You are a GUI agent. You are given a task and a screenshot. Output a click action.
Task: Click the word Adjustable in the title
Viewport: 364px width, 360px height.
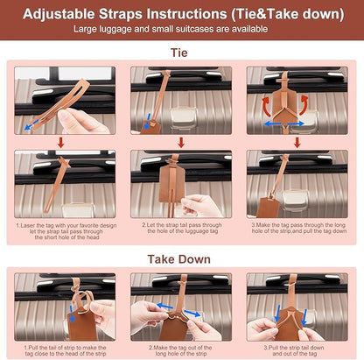tap(59, 14)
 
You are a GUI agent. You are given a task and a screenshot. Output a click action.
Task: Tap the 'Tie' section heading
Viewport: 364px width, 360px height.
tap(179, 53)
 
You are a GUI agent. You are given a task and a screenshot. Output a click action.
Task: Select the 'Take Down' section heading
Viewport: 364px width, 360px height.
tap(178, 259)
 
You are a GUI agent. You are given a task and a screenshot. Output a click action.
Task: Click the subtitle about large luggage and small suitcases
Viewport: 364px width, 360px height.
tap(171, 29)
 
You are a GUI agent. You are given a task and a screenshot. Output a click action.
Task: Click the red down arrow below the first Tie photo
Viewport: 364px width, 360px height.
tap(60, 143)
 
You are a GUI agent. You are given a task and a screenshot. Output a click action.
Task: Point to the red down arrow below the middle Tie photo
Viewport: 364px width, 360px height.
tap(181, 143)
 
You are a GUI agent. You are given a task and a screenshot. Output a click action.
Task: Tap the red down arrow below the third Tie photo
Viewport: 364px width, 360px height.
tap(297, 143)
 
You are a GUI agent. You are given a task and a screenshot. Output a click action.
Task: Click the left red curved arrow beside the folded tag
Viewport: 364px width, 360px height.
tap(267, 107)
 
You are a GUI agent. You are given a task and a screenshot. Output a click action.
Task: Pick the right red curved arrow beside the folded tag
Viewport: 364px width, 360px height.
tap(304, 104)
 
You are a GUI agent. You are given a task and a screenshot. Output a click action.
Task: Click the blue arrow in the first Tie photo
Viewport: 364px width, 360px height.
tap(31, 124)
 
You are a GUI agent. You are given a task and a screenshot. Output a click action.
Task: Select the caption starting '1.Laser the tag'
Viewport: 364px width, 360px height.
tap(66, 231)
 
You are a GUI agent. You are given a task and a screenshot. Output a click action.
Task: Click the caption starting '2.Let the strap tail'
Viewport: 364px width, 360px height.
tap(182, 228)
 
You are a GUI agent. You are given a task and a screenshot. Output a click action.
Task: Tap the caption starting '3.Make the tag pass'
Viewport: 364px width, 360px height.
tap(299, 228)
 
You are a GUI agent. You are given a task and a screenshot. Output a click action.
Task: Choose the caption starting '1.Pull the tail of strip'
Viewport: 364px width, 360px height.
tap(66, 350)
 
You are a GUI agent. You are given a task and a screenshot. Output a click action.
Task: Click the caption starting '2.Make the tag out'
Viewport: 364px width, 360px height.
tap(180, 350)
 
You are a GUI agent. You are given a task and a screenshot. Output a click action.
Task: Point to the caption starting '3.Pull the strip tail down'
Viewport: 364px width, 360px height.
tap(294, 350)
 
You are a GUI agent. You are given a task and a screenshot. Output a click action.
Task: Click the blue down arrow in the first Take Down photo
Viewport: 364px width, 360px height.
tap(72, 314)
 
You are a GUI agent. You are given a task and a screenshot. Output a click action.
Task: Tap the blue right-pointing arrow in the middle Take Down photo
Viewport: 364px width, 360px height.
tap(192, 314)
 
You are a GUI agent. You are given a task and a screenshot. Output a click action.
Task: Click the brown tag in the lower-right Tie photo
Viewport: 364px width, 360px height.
tap(267, 207)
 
